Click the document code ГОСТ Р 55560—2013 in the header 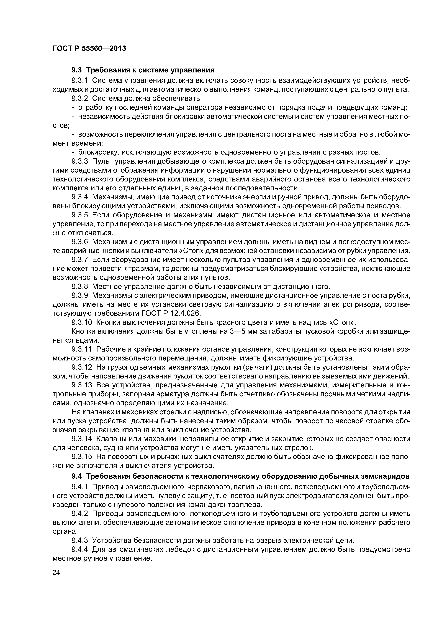[x=89, y=49]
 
